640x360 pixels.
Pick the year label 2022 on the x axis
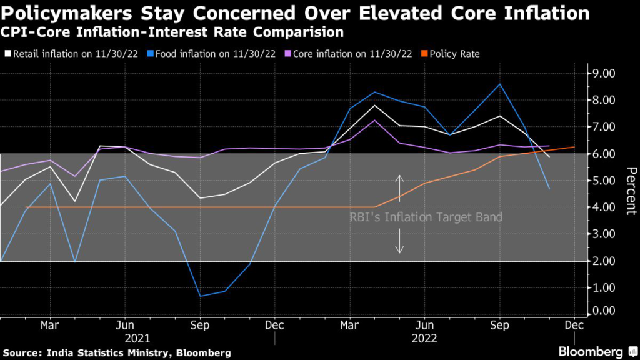tap(425, 338)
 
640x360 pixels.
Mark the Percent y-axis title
tap(631, 191)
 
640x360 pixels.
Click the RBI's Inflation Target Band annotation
tap(425, 217)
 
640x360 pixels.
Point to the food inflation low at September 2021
tap(200, 296)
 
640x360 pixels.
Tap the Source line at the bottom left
tap(117, 353)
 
